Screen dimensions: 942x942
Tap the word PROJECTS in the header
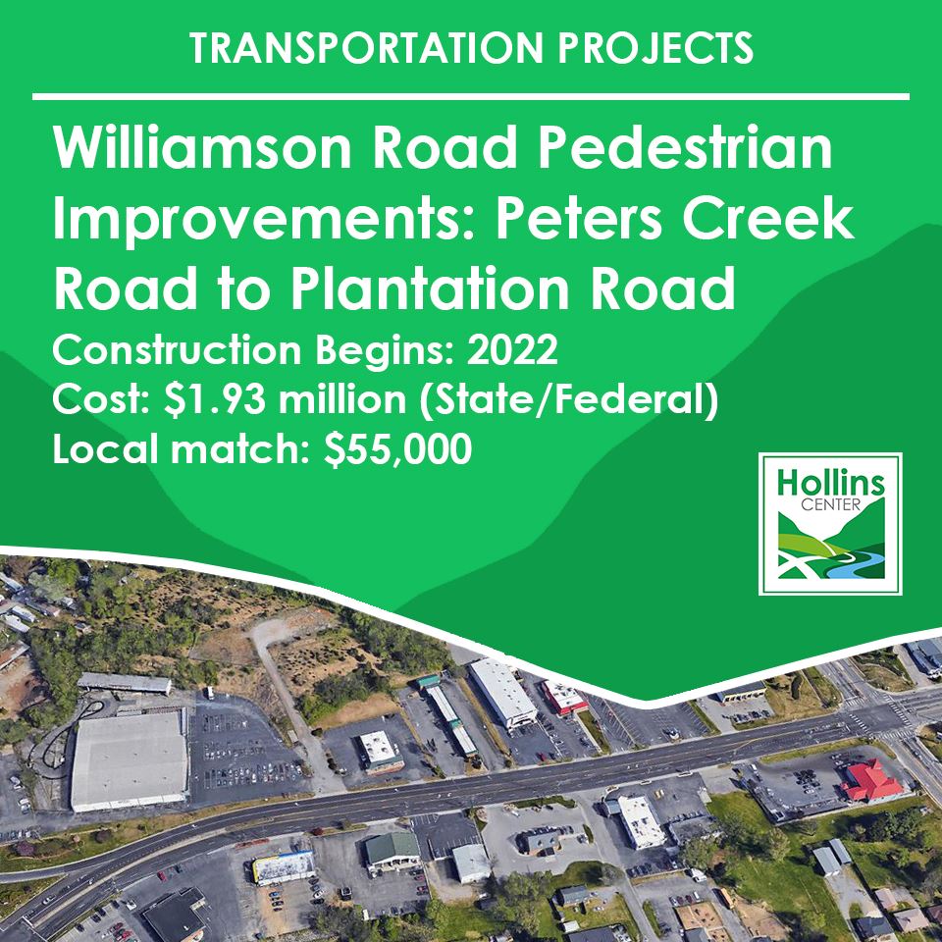tap(659, 48)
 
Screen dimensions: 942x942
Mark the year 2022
tap(511, 349)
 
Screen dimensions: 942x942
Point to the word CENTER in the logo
tap(830, 508)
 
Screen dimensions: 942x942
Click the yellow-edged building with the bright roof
tap(285, 866)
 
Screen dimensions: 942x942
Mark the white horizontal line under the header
tap(471, 96)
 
